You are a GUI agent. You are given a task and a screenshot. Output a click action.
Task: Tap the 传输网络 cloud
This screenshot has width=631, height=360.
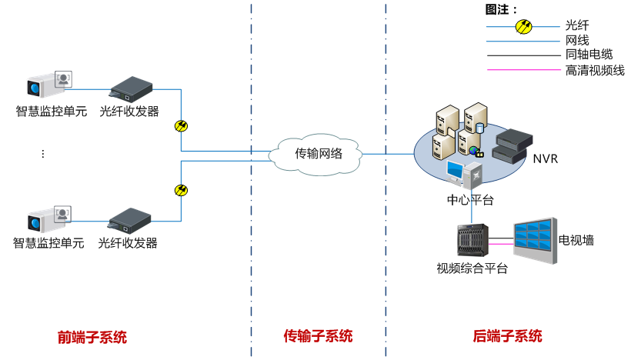point(317,153)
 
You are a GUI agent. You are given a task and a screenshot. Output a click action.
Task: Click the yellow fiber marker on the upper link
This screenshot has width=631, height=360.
point(182,126)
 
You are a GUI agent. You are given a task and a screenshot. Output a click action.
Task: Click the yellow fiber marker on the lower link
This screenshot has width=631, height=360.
point(182,190)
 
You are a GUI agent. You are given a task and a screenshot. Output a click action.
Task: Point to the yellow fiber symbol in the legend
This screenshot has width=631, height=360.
point(523,26)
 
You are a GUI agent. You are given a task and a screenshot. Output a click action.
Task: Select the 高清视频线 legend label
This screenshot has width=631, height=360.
point(594,70)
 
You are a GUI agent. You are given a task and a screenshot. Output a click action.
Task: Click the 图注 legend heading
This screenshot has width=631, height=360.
point(501,9)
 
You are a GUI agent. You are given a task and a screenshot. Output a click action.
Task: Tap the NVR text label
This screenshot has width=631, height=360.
point(546,158)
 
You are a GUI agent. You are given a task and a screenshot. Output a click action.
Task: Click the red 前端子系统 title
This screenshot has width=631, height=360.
point(92,337)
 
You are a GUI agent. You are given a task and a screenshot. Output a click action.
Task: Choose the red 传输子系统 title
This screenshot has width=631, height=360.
point(318,336)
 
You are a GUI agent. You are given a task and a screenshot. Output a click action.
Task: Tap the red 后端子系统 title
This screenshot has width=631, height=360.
point(507,336)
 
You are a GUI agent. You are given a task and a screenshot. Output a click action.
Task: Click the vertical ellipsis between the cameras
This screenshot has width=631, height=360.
point(42,154)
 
